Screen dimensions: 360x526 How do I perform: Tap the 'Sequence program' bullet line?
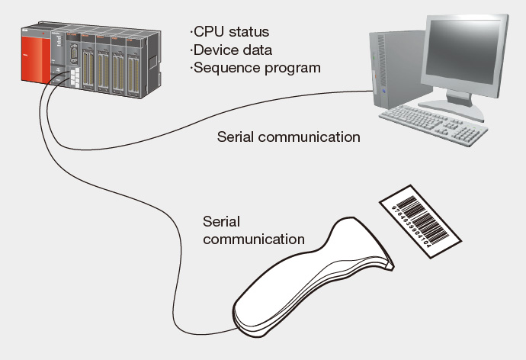(255, 68)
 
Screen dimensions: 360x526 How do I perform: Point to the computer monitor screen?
(464, 54)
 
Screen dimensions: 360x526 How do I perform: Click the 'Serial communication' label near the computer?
(288, 137)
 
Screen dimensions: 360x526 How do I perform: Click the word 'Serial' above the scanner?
(221, 221)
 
